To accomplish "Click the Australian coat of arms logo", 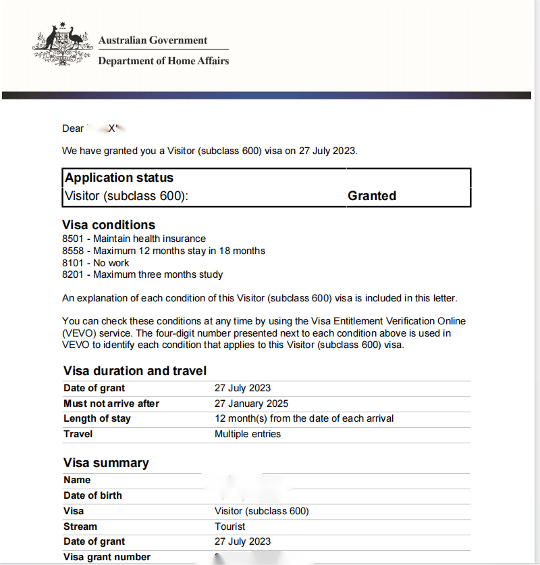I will [x=61, y=45].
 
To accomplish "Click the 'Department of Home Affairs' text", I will [x=163, y=61].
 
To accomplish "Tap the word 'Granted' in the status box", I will [x=372, y=196].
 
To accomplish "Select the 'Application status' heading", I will [x=119, y=178].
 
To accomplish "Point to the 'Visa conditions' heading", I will [x=109, y=225].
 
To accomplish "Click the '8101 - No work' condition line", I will [x=95, y=263].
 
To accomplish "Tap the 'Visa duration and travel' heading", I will [x=135, y=370].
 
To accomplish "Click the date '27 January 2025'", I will [x=251, y=403].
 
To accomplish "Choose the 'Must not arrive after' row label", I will [x=111, y=403].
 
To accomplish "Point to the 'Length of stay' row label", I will [x=97, y=418].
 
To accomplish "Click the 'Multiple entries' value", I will [x=248, y=434].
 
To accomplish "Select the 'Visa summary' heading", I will [x=106, y=463].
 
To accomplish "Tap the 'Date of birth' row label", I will [x=92, y=495].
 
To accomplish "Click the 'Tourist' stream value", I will [x=230, y=526].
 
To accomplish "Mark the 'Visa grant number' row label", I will [x=107, y=557].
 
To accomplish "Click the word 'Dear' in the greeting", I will [x=73, y=128].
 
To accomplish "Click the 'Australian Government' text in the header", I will [x=153, y=40].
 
